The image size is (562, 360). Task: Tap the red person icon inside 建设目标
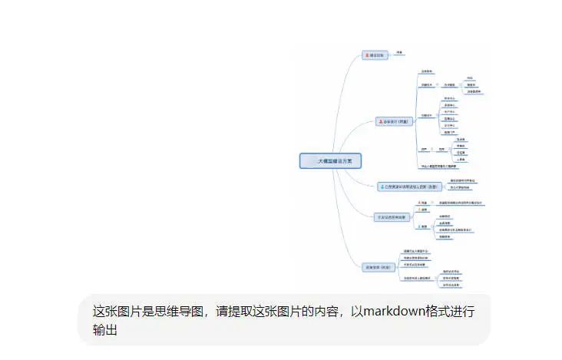coord(366,55)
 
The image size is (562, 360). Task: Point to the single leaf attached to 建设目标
coord(399,53)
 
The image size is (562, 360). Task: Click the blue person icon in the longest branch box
coord(382,187)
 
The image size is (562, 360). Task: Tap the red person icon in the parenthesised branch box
coord(380,121)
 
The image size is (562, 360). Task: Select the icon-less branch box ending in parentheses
coord(378,267)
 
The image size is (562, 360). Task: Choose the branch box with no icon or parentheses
coord(389,217)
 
